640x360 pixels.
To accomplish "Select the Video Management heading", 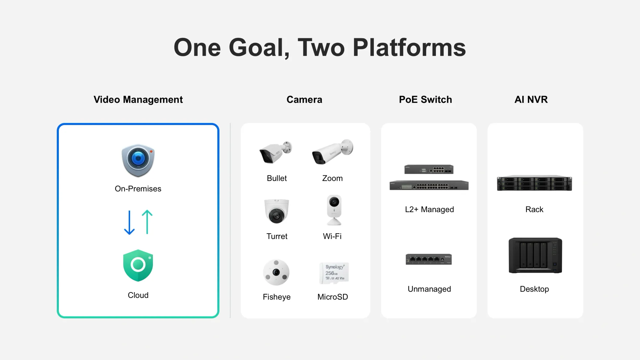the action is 138,100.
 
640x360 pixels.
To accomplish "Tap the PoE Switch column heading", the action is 425,100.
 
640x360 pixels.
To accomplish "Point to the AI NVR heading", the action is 531,100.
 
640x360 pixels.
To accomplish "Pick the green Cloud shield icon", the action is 138,266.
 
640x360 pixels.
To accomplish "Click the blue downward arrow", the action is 129,222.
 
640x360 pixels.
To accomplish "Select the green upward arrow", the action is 147,222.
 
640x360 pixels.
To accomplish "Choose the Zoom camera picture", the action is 333,152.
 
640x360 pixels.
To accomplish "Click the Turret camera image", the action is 276,211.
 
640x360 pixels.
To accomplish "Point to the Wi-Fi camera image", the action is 334,210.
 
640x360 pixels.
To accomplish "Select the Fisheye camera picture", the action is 276,272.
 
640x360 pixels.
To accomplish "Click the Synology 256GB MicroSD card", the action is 334,273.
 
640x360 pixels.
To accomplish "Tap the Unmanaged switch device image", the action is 429,259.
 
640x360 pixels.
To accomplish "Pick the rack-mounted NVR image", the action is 534,183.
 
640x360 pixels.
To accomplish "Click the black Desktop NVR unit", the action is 535,255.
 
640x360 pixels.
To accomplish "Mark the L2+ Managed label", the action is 429,209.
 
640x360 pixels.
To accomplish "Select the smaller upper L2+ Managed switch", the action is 429,169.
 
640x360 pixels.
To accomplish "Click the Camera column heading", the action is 304,100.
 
